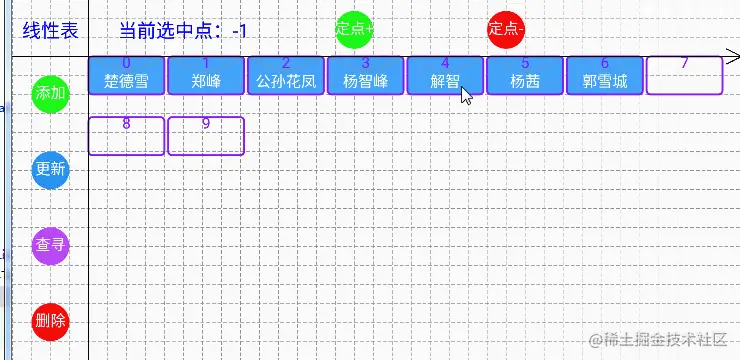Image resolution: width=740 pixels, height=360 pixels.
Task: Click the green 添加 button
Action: pyautogui.click(x=50, y=93)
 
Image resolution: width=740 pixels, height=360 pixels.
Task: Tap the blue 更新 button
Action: pyautogui.click(x=50, y=169)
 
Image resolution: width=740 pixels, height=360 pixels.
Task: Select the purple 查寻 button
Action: pyautogui.click(x=50, y=245)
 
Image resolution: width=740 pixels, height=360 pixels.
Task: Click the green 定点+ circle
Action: pyautogui.click(x=355, y=29)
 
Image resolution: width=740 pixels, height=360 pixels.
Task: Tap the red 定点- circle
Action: pyautogui.click(x=505, y=29)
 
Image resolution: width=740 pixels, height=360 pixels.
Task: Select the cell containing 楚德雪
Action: pyautogui.click(x=126, y=75)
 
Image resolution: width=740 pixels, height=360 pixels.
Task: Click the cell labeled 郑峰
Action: pyautogui.click(x=206, y=75)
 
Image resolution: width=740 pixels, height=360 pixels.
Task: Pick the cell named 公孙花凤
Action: pyautogui.click(x=285, y=75)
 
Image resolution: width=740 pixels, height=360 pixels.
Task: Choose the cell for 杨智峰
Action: pyautogui.click(x=365, y=75)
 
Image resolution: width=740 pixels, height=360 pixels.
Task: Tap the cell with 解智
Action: pyautogui.click(x=445, y=75)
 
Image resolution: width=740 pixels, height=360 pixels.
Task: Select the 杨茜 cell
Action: pyautogui.click(x=525, y=75)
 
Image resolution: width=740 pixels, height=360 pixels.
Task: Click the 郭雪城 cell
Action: pyautogui.click(x=605, y=75)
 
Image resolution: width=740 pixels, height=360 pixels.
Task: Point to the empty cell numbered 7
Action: pyautogui.click(x=684, y=75)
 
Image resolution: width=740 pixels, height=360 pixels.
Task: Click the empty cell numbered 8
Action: pyautogui.click(x=126, y=136)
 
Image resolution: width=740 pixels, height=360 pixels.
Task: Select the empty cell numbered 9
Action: pyautogui.click(x=206, y=136)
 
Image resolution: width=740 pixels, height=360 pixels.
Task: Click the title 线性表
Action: pyautogui.click(x=50, y=31)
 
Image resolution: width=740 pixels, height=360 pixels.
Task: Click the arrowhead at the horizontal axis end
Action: pyautogui.click(x=733, y=57)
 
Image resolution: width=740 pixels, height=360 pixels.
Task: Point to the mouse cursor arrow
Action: pyautogui.click(x=466, y=95)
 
